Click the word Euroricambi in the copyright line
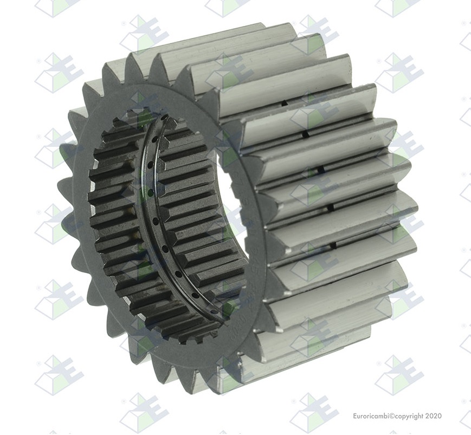coord(371,416)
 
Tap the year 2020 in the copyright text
coord(434,416)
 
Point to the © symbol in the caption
coord(391,416)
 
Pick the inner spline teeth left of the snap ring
coord(114,217)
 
